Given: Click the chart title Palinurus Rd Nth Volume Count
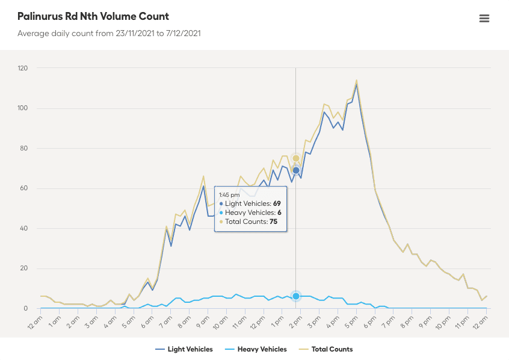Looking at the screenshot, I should [x=93, y=16].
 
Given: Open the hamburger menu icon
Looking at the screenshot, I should [x=484, y=18].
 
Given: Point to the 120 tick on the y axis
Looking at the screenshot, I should [x=22, y=68].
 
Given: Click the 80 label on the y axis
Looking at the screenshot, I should [x=24, y=148].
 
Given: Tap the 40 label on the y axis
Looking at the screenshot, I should [x=24, y=228].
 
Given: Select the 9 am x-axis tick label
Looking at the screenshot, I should [x=203, y=321].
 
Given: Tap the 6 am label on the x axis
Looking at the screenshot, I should [x=147, y=321].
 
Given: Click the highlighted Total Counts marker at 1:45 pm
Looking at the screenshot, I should [x=296, y=158].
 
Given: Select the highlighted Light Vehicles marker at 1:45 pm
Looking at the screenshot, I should [x=296, y=170].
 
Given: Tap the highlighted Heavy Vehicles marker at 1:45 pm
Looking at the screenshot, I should [x=296, y=296].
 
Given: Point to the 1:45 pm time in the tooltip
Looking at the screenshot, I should [x=229, y=195].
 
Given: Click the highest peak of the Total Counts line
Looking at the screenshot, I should [x=357, y=80].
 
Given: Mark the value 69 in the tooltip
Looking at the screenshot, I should [x=277, y=204].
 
